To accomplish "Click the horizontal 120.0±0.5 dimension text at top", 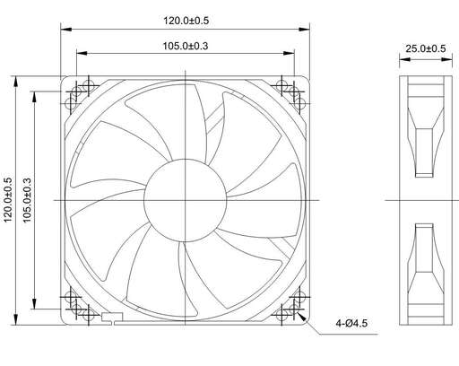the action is click(x=186, y=21).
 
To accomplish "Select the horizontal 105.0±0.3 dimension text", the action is click(x=186, y=46).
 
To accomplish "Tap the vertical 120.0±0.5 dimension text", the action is click(x=8, y=200).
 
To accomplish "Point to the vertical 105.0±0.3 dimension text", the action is click(x=27, y=200).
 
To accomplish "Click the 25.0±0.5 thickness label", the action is click(x=426, y=48).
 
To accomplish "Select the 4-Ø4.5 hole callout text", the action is click(x=351, y=323).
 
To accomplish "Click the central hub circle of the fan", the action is click(x=186, y=200).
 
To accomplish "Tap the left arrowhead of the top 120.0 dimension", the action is click(x=66, y=30).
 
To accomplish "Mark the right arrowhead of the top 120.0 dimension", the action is click(x=305, y=30).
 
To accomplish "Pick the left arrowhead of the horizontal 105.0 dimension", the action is click(x=82, y=53).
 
